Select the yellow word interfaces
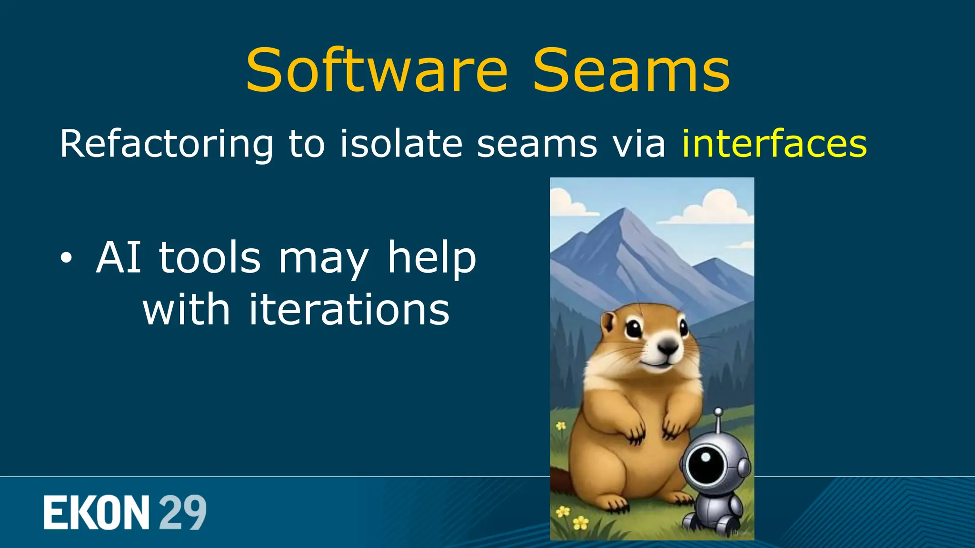click(774, 144)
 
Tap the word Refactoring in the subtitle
click(167, 144)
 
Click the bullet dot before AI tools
click(67, 258)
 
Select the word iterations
click(349, 310)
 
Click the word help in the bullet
click(431, 257)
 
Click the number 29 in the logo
click(182, 512)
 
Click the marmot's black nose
click(668, 347)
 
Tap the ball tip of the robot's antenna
click(718, 412)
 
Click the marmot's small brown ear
click(608, 323)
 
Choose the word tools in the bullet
click(210, 257)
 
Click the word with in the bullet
click(186, 310)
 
